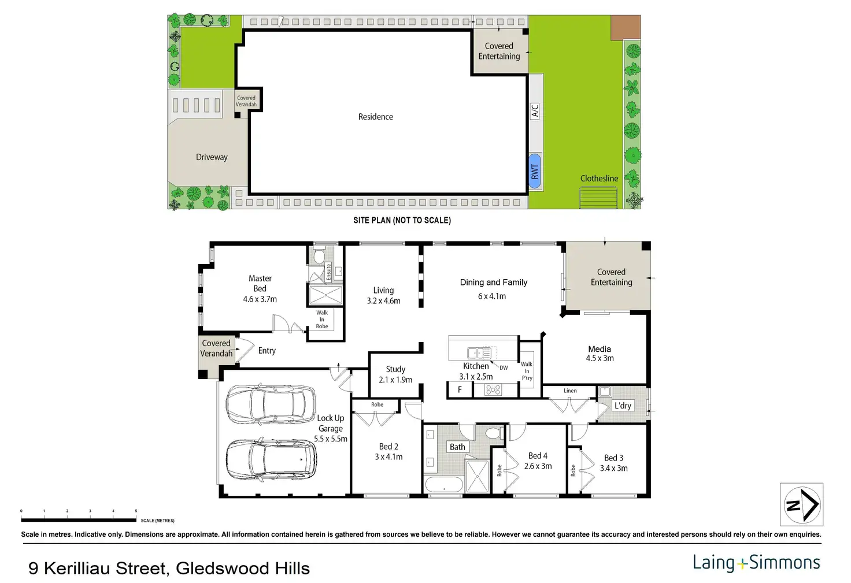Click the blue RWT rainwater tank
535,171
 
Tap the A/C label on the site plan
535,111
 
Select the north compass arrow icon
802,505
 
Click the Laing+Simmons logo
756,563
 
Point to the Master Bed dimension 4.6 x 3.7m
260,299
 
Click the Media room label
600,349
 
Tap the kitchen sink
479,353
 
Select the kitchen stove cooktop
493,389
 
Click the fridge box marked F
460,389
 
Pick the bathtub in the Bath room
444,484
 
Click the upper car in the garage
271,404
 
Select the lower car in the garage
271,461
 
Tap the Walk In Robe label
322,320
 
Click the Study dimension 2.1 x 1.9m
395,380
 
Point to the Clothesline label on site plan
599,179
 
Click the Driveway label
212,157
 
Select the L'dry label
623,406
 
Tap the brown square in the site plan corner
626,27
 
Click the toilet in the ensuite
319,255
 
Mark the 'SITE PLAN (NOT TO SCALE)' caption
402,220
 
